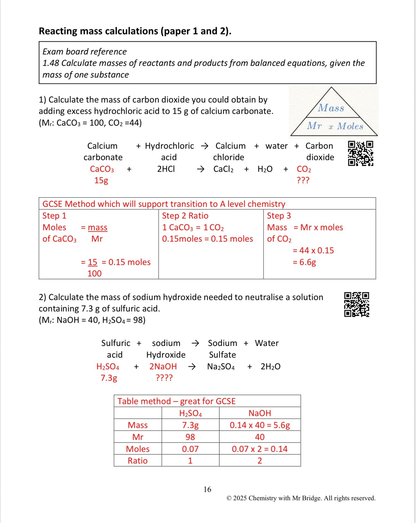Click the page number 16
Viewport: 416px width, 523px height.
click(x=207, y=489)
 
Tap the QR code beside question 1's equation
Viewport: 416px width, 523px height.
click(x=361, y=153)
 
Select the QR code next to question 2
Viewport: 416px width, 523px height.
click(x=357, y=304)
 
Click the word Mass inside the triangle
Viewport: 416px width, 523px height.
click(x=331, y=108)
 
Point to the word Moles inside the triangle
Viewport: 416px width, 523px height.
click(x=350, y=126)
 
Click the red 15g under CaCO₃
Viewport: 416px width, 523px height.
click(x=101, y=180)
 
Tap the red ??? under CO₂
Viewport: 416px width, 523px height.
click(x=303, y=180)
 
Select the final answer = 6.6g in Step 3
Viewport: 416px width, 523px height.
click(x=305, y=262)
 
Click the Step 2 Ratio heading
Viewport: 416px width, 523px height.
click(x=185, y=216)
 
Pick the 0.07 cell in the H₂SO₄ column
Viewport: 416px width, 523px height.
click(x=190, y=449)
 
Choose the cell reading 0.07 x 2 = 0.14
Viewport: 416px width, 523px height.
click(x=260, y=449)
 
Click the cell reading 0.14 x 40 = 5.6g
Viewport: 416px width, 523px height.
click(x=260, y=425)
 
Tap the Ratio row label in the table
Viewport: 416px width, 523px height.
click(x=138, y=461)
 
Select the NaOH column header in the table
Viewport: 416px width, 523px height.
click(x=260, y=413)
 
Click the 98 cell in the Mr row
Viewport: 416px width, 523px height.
click(x=190, y=437)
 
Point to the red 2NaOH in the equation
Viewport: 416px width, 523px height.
click(x=163, y=367)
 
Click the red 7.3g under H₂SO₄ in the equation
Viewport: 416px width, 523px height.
click(x=109, y=378)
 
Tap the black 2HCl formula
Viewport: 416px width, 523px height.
click(x=166, y=169)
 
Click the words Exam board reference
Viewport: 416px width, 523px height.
click(x=85, y=52)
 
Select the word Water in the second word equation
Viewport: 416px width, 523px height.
click(x=267, y=343)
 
